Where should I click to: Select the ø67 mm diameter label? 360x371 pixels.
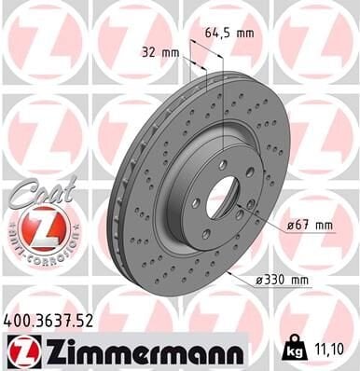(308, 225)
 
